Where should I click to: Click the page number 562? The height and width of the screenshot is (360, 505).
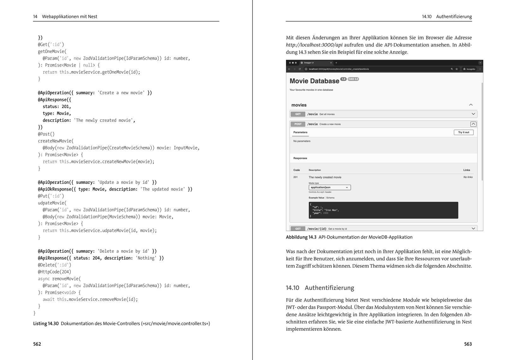37,344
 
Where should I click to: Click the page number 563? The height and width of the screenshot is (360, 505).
468,344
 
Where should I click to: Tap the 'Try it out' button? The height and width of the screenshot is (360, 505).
463,132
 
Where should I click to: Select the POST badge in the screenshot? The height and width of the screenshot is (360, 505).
298,124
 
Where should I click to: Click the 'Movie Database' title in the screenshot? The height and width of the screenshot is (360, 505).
314,81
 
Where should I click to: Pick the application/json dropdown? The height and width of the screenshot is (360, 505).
330,187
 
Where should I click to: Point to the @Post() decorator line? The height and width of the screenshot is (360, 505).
46,134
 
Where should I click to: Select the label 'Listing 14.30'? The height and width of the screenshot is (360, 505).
46,323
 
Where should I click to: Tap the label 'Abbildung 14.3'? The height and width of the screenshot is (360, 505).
301,237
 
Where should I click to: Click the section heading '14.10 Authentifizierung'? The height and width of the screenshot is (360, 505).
320,288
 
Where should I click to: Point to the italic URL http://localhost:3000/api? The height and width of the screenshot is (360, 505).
314,45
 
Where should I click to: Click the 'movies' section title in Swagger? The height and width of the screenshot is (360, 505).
299,105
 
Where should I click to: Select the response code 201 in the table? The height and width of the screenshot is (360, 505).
295,177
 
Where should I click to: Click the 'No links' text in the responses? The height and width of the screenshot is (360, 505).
468,177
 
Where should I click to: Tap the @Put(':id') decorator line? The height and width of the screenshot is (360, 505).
51,196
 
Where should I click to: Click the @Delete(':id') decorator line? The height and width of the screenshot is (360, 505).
54,265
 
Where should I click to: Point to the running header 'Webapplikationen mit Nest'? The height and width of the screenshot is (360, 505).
69,16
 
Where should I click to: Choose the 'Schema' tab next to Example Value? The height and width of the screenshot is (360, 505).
330,198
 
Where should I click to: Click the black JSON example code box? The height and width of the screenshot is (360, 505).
383,210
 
